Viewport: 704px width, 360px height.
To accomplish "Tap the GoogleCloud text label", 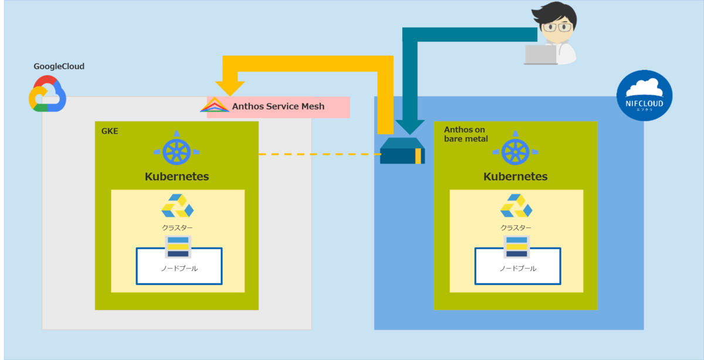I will click(x=59, y=66).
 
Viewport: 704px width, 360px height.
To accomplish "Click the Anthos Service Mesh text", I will click(x=279, y=107).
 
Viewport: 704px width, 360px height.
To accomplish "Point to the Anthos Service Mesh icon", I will click(x=215, y=106).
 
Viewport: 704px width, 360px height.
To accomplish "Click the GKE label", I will click(x=110, y=131).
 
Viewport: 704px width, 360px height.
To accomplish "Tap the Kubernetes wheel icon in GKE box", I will click(x=177, y=151).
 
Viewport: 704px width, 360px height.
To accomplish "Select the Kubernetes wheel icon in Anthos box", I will click(x=515, y=151).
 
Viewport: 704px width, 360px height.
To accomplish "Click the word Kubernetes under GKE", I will click(x=177, y=176).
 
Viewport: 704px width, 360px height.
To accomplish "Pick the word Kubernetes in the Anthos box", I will click(x=515, y=176).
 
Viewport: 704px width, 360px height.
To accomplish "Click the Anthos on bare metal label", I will click(x=466, y=134).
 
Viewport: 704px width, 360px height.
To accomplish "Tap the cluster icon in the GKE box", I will click(x=177, y=206).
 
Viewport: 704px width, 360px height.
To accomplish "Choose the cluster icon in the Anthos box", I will click(x=516, y=206).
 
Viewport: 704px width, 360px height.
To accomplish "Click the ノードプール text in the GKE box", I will click(x=179, y=269).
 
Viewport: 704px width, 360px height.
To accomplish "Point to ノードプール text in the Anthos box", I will click(x=517, y=269).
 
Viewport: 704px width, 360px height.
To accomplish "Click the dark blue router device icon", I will click(x=402, y=152).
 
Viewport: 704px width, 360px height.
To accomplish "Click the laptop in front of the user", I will click(x=540, y=55).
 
